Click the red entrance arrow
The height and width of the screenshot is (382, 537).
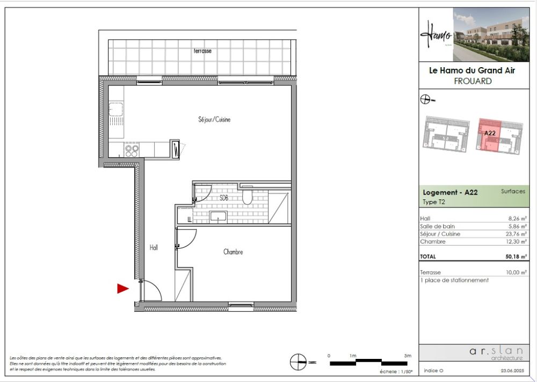click(x=123, y=289)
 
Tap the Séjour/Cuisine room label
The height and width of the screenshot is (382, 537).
click(x=213, y=120)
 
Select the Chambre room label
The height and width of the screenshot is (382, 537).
click(x=234, y=251)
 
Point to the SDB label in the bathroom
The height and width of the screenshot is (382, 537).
click(x=224, y=198)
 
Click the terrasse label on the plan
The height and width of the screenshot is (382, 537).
click(x=202, y=51)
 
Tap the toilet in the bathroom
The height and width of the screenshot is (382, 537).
click(x=247, y=197)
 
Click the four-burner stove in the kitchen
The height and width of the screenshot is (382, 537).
click(x=132, y=150)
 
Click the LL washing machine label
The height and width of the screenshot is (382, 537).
click(x=190, y=220)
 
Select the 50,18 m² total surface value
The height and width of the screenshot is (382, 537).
click(x=516, y=257)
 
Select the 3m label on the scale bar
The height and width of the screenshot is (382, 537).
click(x=408, y=356)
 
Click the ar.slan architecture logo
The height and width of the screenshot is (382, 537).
click(x=495, y=352)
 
